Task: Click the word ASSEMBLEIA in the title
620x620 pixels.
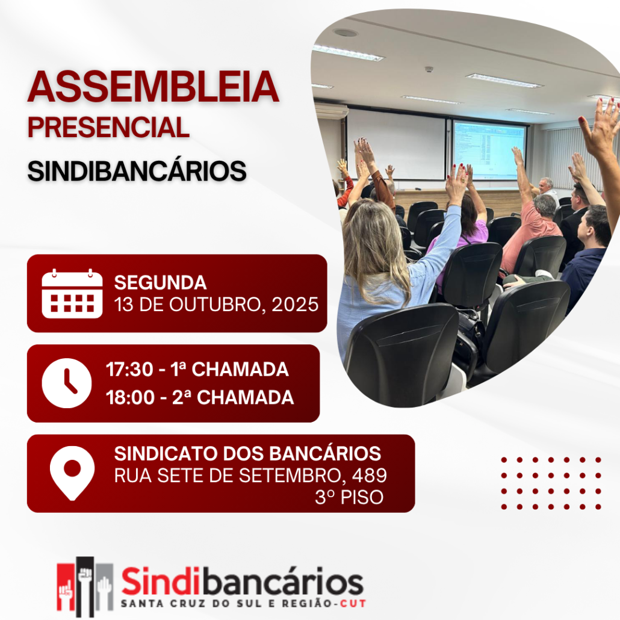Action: pos(153,87)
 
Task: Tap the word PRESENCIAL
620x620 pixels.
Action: pos(108,128)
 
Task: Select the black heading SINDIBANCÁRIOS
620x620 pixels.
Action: pos(137,171)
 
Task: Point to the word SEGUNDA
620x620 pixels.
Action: pos(160,283)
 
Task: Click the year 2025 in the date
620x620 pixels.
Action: pos(295,305)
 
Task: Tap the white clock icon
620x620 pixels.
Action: pos(66,383)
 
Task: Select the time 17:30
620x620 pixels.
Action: pos(129,370)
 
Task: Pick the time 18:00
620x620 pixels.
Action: pos(129,397)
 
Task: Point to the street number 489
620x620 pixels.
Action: pos(370,475)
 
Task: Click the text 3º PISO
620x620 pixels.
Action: pos(349,497)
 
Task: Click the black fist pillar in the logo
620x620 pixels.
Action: pos(85,586)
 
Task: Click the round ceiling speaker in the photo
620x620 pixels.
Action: pos(345,33)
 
